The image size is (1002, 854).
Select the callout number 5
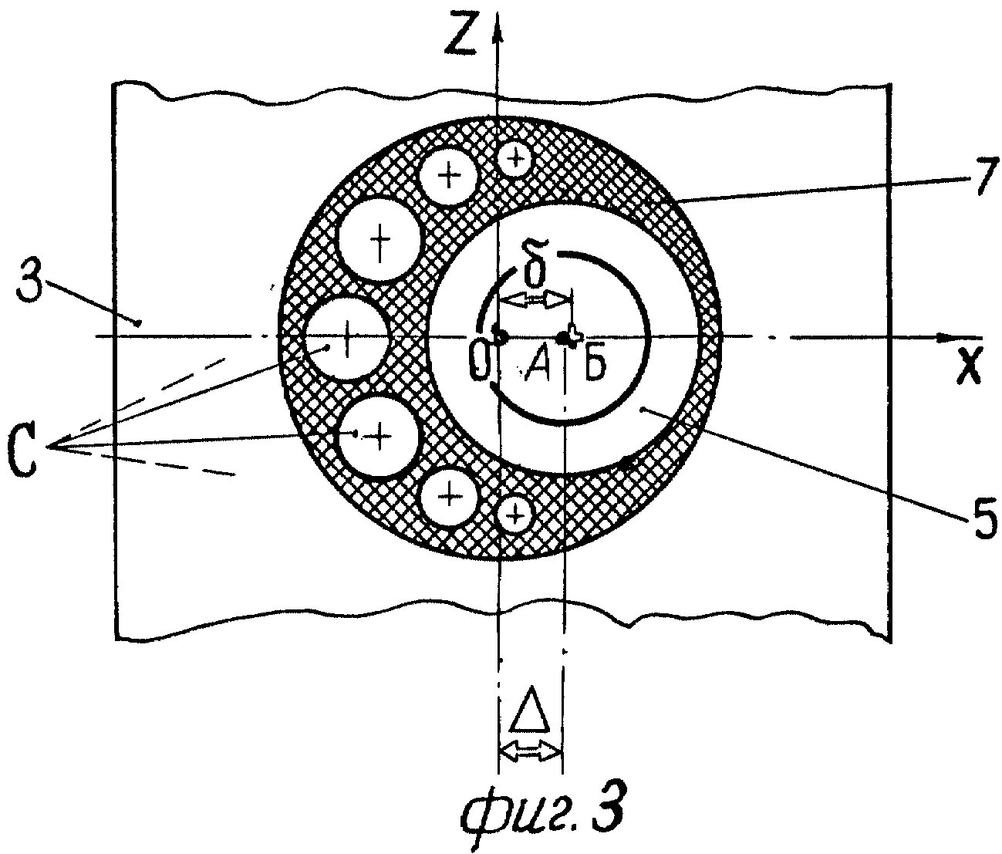pos(980,522)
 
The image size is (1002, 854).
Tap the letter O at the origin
pos(479,363)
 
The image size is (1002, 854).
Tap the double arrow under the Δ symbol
pos(531,749)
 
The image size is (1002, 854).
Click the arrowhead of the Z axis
pos(499,27)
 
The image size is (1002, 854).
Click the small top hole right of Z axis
pos(515,160)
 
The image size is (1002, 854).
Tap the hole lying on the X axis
pos(346,339)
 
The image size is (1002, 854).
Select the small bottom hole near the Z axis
pos(516,512)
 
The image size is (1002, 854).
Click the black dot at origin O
pos(498,337)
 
